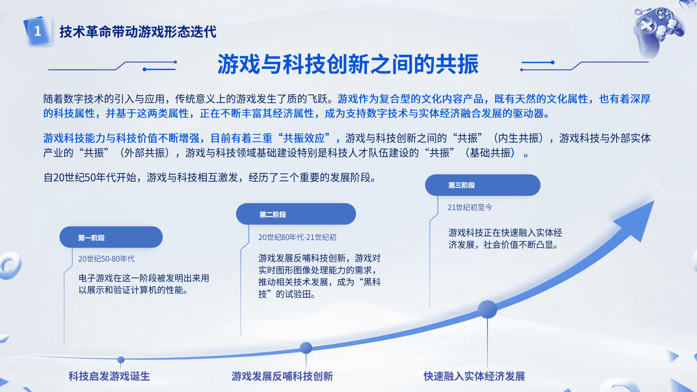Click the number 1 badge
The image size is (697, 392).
(38, 31)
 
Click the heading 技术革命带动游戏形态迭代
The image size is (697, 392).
(138, 32)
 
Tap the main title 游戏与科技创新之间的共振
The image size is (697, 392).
(348, 64)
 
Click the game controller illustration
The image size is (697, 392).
(657, 30)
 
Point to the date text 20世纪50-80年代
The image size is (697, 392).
(106, 259)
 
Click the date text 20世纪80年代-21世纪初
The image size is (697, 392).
(297, 237)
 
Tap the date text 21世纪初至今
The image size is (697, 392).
(469, 207)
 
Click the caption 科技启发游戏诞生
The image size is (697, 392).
(109, 376)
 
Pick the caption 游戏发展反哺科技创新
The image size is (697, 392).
(282, 376)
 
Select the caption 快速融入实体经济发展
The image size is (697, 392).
(474, 376)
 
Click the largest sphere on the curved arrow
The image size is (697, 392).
(488, 309)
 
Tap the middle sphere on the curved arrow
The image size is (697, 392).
(306, 348)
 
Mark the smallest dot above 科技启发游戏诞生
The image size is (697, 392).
(121, 360)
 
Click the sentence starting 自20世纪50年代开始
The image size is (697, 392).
(210, 177)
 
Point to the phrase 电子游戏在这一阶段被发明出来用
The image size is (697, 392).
(144, 278)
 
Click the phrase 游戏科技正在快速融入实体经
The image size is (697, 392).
(505, 232)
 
